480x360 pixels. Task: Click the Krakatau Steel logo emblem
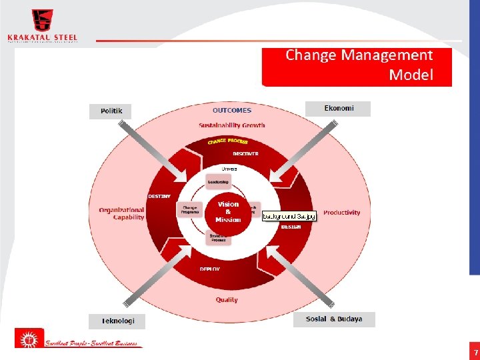(42, 20)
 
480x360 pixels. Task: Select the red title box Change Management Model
(357, 66)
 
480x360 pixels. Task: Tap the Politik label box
(111, 111)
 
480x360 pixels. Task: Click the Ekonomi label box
(338, 108)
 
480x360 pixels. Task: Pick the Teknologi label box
(117, 321)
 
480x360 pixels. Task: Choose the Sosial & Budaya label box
(334, 319)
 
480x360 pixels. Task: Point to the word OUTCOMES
(231, 111)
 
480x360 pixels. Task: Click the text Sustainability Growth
(231, 125)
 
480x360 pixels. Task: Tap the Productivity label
(341, 213)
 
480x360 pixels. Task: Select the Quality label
(227, 300)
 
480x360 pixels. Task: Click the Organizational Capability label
(121, 213)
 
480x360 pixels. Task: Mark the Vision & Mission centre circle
(228, 212)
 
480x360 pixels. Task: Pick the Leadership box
(218, 182)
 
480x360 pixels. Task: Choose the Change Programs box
(190, 210)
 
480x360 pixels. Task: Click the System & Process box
(218, 237)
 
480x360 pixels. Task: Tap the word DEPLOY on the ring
(210, 269)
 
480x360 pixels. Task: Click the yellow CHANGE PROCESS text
(227, 141)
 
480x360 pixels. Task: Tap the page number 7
(475, 352)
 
